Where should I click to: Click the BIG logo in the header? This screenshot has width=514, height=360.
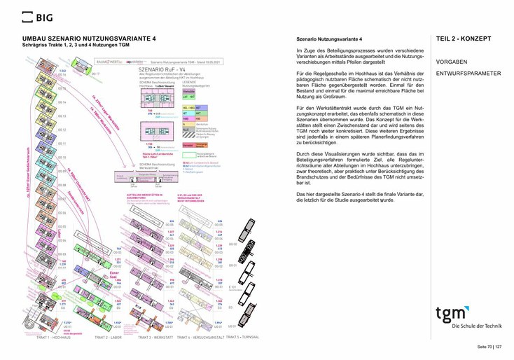tap(37, 17)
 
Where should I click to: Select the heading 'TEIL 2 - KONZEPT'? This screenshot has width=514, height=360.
tap(464, 39)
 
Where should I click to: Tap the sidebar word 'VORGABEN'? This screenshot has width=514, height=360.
tap(452, 61)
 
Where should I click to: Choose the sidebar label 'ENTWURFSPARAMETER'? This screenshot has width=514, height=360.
tap(468, 74)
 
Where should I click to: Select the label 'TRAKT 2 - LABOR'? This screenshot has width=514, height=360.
tap(108, 338)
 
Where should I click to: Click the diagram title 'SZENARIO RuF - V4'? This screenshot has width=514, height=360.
tap(162, 70)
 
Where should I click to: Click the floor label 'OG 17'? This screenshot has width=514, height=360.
tap(97, 74)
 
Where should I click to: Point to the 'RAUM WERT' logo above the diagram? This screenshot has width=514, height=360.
tap(112, 62)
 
